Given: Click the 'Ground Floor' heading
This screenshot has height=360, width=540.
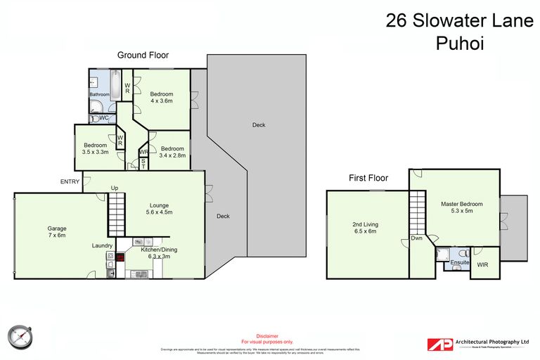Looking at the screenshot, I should click(143, 55).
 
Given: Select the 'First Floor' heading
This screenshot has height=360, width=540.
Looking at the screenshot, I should click(368, 179).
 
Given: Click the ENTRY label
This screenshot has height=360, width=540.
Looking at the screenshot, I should click(69, 182).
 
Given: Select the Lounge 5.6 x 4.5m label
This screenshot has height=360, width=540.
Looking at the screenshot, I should click(158, 209).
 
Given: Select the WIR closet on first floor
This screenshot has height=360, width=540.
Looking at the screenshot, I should click(482, 265).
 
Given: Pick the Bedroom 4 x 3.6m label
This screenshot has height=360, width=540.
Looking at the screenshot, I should click(162, 97).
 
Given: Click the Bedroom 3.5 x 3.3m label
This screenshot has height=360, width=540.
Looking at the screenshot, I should click(95, 148).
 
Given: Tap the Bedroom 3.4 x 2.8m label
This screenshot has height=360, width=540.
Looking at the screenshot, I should click(172, 152).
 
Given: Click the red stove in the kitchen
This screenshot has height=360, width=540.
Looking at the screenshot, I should click(120, 257).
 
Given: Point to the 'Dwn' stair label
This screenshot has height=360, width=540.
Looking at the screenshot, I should click(416, 238).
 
